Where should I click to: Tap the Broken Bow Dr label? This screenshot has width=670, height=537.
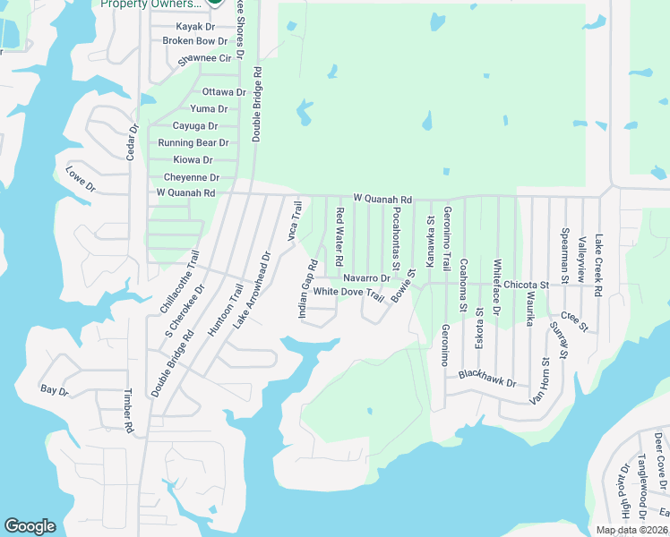[194, 41]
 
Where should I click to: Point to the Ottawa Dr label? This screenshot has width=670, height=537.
[224, 92]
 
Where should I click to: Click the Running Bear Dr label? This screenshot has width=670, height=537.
[193, 143]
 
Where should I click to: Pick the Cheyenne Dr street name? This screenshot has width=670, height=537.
[191, 177]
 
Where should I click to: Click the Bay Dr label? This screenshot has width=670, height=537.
[54, 390]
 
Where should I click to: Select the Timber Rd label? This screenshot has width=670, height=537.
[128, 411]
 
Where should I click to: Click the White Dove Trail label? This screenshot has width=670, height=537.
[348, 293]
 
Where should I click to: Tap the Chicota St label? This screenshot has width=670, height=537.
[525, 285]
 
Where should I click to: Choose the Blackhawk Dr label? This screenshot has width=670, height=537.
[488, 379]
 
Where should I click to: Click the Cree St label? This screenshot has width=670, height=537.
[573, 320]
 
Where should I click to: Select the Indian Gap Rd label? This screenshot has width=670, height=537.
[308, 288]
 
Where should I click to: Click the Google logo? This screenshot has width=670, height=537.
[30, 526]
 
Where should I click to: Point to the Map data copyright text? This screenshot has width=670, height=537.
[632, 530]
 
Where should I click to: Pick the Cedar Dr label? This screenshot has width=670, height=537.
[133, 141]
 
